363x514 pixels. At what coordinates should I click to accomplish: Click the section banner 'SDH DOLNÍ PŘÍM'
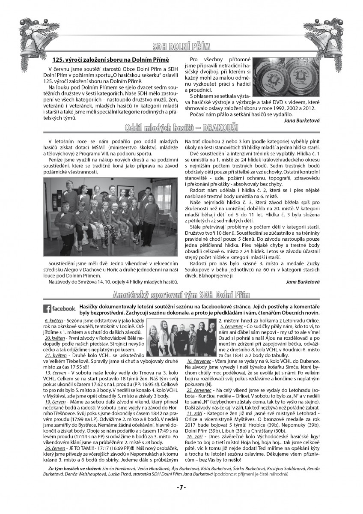[181, 46]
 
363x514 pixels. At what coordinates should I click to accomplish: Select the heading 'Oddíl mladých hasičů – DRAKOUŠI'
[181, 128]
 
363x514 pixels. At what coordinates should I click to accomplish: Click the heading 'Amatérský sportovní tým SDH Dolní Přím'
[181, 295]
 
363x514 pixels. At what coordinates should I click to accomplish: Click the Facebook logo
[60, 308]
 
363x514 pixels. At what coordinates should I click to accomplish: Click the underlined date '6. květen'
[54, 320]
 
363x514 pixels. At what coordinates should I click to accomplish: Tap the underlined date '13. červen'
[55, 374]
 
